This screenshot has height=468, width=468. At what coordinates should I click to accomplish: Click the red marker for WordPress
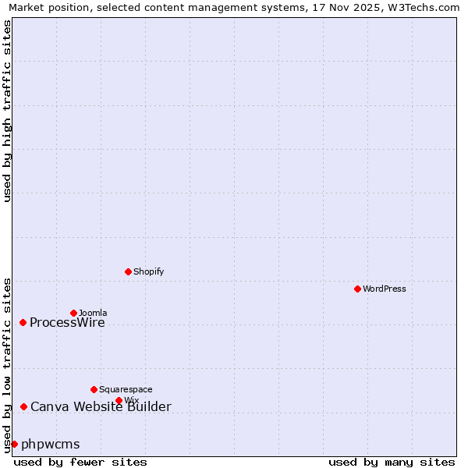coord(357,289)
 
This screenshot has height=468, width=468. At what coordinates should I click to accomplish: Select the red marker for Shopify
coord(128,271)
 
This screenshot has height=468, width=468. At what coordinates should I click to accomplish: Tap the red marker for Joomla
coord(73,313)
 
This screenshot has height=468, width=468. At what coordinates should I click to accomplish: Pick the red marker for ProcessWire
coord(23,322)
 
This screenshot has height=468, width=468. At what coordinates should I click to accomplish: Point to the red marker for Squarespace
coord(94,389)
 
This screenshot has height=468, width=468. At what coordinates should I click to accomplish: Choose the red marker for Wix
coord(119,400)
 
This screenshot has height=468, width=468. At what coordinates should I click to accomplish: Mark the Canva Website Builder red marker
coord(23,406)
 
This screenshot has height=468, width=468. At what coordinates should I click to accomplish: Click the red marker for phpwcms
coord(14,444)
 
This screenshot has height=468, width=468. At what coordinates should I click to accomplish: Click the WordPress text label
coord(385,289)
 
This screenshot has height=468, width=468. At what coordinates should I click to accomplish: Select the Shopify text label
coord(148,271)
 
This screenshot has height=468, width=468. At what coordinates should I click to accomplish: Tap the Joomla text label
coord(93,313)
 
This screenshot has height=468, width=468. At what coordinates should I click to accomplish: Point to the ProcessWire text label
coord(67,323)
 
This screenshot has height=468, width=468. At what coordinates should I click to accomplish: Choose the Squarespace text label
coord(126,389)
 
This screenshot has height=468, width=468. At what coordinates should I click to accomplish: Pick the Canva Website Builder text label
coord(101,406)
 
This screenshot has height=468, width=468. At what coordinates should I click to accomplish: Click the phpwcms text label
coord(51,445)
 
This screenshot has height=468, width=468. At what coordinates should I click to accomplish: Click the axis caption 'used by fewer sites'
coord(80,462)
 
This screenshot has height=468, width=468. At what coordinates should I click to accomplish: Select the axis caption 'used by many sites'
coord(392,462)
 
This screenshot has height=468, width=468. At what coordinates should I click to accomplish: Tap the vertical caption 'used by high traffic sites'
coord(8,111)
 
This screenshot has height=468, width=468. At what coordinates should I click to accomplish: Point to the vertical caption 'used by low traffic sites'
coord(8,365)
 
